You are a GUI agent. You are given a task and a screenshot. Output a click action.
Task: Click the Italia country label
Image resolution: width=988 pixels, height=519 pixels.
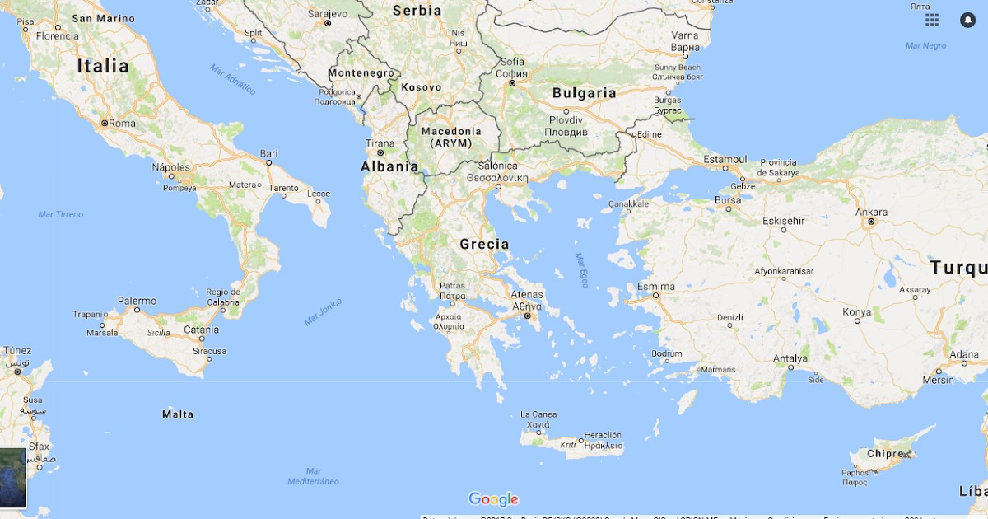coord(103,66)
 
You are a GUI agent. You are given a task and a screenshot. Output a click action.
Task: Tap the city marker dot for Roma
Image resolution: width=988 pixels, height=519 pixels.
coord(105,124)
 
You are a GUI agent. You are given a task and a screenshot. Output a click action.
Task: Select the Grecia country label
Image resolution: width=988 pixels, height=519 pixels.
coord(484,244)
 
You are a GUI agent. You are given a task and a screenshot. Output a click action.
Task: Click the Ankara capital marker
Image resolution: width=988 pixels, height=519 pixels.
coord(871,222)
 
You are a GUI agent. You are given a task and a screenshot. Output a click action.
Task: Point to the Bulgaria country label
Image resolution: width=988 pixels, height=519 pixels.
coord(584,93)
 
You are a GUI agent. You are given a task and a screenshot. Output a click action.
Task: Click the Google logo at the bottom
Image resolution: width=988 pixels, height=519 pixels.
coord(493,499)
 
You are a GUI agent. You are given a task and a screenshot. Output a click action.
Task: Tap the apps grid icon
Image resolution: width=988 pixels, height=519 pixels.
coord(932,20)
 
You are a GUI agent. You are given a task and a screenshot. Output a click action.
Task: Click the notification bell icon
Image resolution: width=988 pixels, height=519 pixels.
coord(967,20)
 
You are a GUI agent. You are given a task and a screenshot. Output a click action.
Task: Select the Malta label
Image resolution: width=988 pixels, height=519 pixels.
coord(178,414)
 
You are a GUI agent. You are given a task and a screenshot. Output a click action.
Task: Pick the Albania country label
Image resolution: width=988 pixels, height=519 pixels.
coord(389,166)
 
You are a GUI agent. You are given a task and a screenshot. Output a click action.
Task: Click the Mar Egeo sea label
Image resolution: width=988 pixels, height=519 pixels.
coord(582,269)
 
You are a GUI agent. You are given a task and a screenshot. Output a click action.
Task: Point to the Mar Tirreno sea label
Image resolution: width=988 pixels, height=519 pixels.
coord(61,214)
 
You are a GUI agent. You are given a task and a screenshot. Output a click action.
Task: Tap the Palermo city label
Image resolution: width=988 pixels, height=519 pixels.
coord(137,301)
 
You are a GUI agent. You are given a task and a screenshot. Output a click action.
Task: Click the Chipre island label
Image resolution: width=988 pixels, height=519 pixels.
coord(884,454)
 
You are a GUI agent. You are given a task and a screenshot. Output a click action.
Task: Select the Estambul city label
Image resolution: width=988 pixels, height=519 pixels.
coord(725,159)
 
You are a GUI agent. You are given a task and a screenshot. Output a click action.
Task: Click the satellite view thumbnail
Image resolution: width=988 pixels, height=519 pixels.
coord(13,478)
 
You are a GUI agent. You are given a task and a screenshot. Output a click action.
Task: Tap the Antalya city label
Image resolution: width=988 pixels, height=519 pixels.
coord(790,358)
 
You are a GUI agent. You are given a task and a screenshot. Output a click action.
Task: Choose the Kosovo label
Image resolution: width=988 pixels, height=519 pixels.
coord(422,87)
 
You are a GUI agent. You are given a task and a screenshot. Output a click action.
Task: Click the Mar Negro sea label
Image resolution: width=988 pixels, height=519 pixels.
coord(925,46)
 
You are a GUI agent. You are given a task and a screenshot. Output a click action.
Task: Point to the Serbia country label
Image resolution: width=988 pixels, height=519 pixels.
coord(417,11)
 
